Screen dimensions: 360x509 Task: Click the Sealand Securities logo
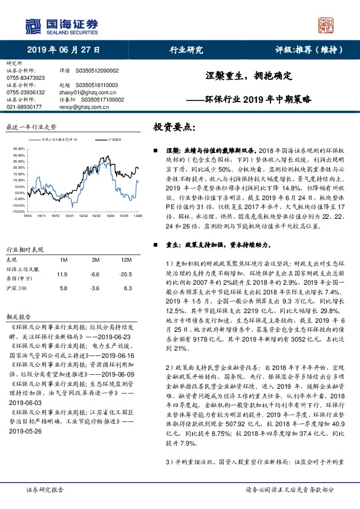(x=60, y=25)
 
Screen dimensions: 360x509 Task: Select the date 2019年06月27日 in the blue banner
(x=64, y=50)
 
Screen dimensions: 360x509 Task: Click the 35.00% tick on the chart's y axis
(x=18, y=148)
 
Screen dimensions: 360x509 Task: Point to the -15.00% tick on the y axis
(x=18, y=212)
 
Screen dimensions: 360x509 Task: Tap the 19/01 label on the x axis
(x=70, y=215)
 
